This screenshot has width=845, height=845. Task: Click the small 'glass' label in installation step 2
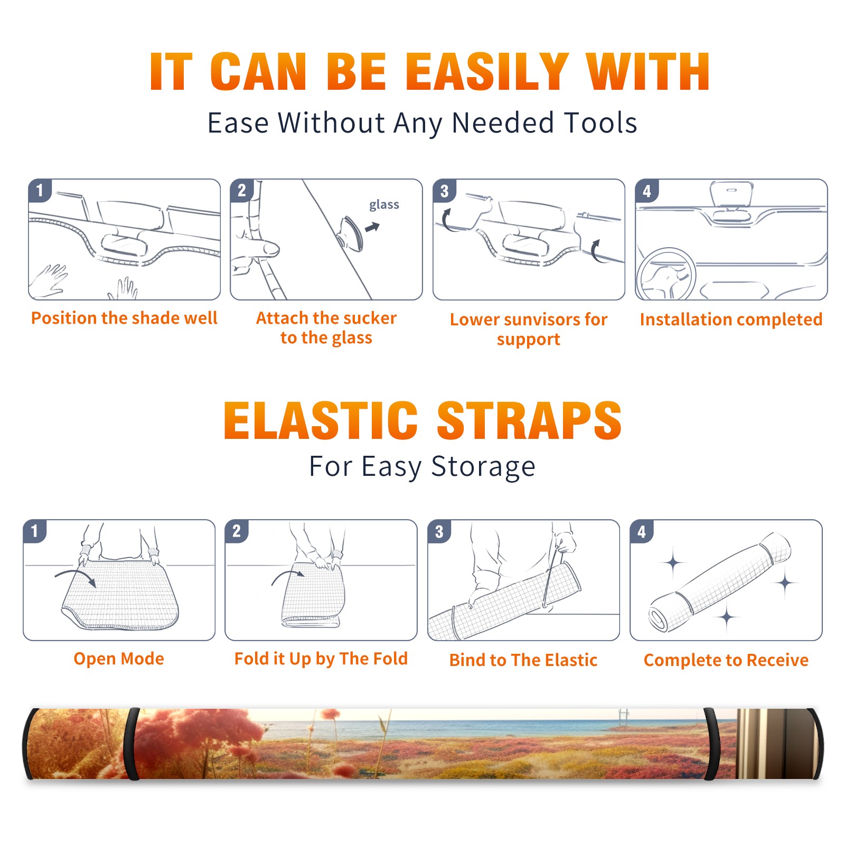[x=384, y=205]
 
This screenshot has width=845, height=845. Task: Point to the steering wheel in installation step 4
[x=665, y=275]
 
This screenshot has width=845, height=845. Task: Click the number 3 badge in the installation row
[x=444, y=191]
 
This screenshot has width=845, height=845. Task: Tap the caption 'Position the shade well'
[x=124, y=318]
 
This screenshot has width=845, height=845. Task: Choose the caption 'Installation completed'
[x=731, y=320]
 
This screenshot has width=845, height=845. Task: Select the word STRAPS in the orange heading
[x=529, y=420]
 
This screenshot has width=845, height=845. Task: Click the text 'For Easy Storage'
[x=422, y=467]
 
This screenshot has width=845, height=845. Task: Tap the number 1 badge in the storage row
[x=35, y=531]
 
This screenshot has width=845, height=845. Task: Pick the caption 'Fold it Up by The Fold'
[x=321, y=659]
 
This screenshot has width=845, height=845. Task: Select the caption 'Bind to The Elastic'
[x=523, y=660]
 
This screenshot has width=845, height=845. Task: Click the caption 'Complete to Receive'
[x=726, y=660]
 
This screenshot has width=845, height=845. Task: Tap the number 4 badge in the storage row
[x=642, y=531]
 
